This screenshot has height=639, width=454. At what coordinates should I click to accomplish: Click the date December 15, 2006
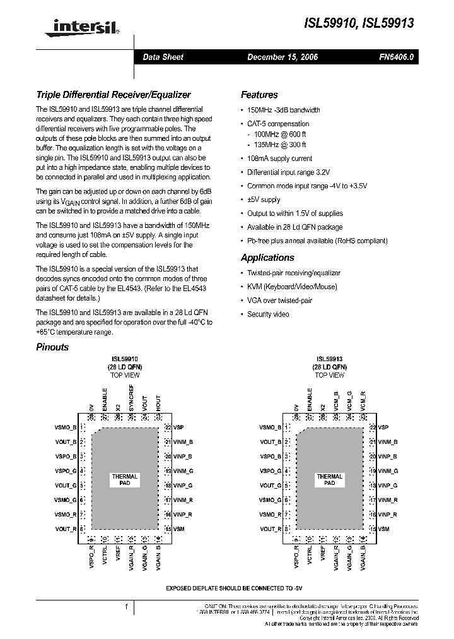tap(282, 57)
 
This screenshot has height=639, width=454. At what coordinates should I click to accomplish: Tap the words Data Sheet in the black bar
tap(163, 57)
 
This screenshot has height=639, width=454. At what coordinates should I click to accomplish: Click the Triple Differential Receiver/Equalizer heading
tap(113, 95)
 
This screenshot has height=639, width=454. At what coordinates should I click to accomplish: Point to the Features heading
tap(259, 95)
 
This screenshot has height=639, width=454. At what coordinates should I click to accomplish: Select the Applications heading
tap(267, 258)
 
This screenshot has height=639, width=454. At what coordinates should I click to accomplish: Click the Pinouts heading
tap(52, 347)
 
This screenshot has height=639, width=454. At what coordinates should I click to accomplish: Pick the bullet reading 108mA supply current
tap(279, 158)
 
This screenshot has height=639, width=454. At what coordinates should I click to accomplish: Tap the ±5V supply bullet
tap(264, 200)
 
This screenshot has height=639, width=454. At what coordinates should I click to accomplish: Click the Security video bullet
tap(268, 314)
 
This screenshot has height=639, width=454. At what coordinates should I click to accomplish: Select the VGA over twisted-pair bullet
tap(279, 301)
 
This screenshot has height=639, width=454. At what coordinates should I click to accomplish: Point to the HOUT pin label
tap(158, 402)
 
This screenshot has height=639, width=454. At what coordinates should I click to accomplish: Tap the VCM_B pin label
tap(336, 402)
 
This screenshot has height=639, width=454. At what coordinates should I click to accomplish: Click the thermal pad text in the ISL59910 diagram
tap(124, 479)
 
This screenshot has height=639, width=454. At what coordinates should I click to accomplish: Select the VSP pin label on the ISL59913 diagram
tap(383, 427)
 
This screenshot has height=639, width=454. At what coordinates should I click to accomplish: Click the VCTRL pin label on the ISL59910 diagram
tap(105, 556)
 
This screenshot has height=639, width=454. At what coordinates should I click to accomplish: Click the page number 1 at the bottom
tap(127, 607)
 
